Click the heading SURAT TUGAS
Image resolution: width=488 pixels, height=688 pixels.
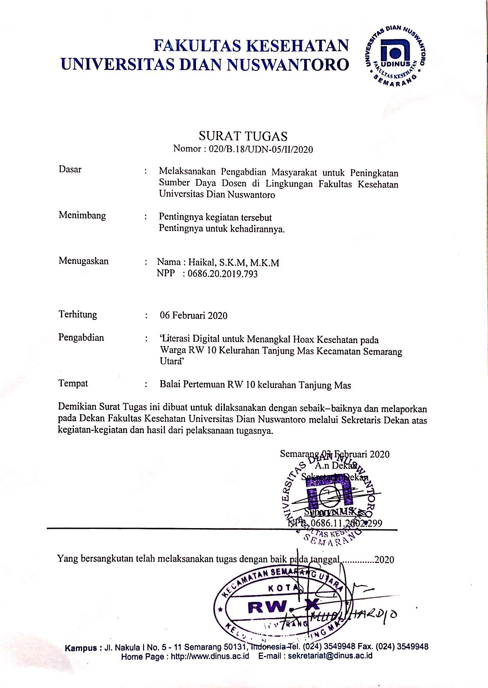coord(243,136)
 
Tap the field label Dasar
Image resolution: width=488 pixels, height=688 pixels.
coord(70,170)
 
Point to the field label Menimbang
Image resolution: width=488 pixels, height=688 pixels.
coord(82,215)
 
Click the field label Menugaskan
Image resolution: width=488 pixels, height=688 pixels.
coord(83,261)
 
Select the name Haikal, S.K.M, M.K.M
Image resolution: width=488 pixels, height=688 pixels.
coord(233,263)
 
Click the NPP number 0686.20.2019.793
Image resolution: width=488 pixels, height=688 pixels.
coord(222,274)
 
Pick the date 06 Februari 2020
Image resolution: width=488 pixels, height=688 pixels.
coord(194,315)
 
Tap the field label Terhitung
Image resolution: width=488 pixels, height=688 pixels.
coord(78,315)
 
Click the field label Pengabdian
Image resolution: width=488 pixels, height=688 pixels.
coord(81,337)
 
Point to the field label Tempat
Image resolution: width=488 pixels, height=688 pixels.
coord(73,383)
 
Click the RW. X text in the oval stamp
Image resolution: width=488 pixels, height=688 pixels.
coord(284,607)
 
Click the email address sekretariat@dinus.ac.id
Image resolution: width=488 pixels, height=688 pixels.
coord(330,656)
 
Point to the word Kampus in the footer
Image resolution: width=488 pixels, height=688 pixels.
coord(81,647)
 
